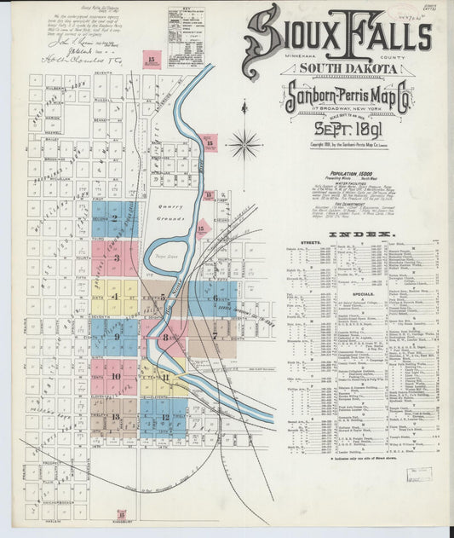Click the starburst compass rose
[x=244, y=143]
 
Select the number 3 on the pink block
[x=116, y=257]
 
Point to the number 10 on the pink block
[x=115, y=375]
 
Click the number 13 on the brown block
[x=115, y=416]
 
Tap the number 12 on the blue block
[x=164, y=416]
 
